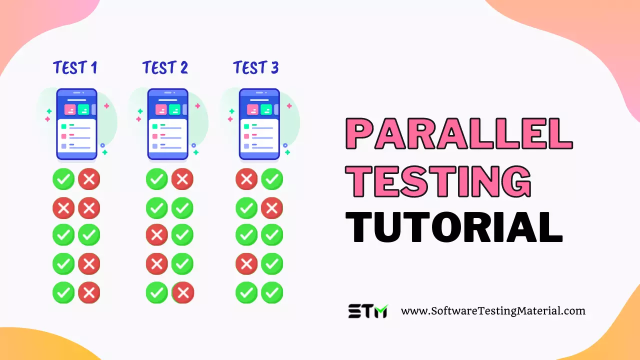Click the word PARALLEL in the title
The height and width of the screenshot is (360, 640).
click(x=459, y=133)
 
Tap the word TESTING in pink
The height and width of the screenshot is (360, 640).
click(x=438, y=180)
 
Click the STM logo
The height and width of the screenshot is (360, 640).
click(x=367, y=311)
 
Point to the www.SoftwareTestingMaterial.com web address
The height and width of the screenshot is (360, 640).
click(x=493, y=310)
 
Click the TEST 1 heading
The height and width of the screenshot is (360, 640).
click(x=75, y=67)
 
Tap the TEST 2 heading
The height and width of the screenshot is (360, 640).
click(x=165, y=67)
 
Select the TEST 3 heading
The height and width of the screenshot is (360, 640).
click(x=255, y=67)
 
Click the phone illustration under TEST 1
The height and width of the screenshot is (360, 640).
click(x=76, y=124)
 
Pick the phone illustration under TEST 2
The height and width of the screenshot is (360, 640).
click(x=167, y=124)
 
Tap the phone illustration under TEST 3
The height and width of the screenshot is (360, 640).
click(x=259, y=124)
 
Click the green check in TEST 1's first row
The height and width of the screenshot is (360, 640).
click(x=63, y=179)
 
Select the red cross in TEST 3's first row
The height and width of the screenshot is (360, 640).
click(x=246, y=179)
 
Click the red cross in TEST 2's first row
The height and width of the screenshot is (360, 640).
click(x=182, y=179)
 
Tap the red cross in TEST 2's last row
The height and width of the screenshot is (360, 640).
click(x=183, y=292)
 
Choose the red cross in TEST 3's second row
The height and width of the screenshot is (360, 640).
click(x=272, y=208)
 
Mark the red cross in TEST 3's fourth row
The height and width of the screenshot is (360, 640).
click(x=246, y=264)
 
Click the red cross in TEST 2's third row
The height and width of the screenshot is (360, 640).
click(x=157, y=235)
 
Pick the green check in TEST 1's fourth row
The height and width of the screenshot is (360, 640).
click(x=63, y=264)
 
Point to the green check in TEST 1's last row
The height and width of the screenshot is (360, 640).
click(x=63, y=292)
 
